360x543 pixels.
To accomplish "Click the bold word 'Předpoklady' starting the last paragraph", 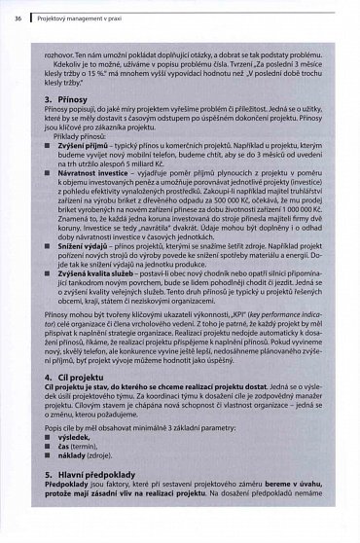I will (x=69, y=517).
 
